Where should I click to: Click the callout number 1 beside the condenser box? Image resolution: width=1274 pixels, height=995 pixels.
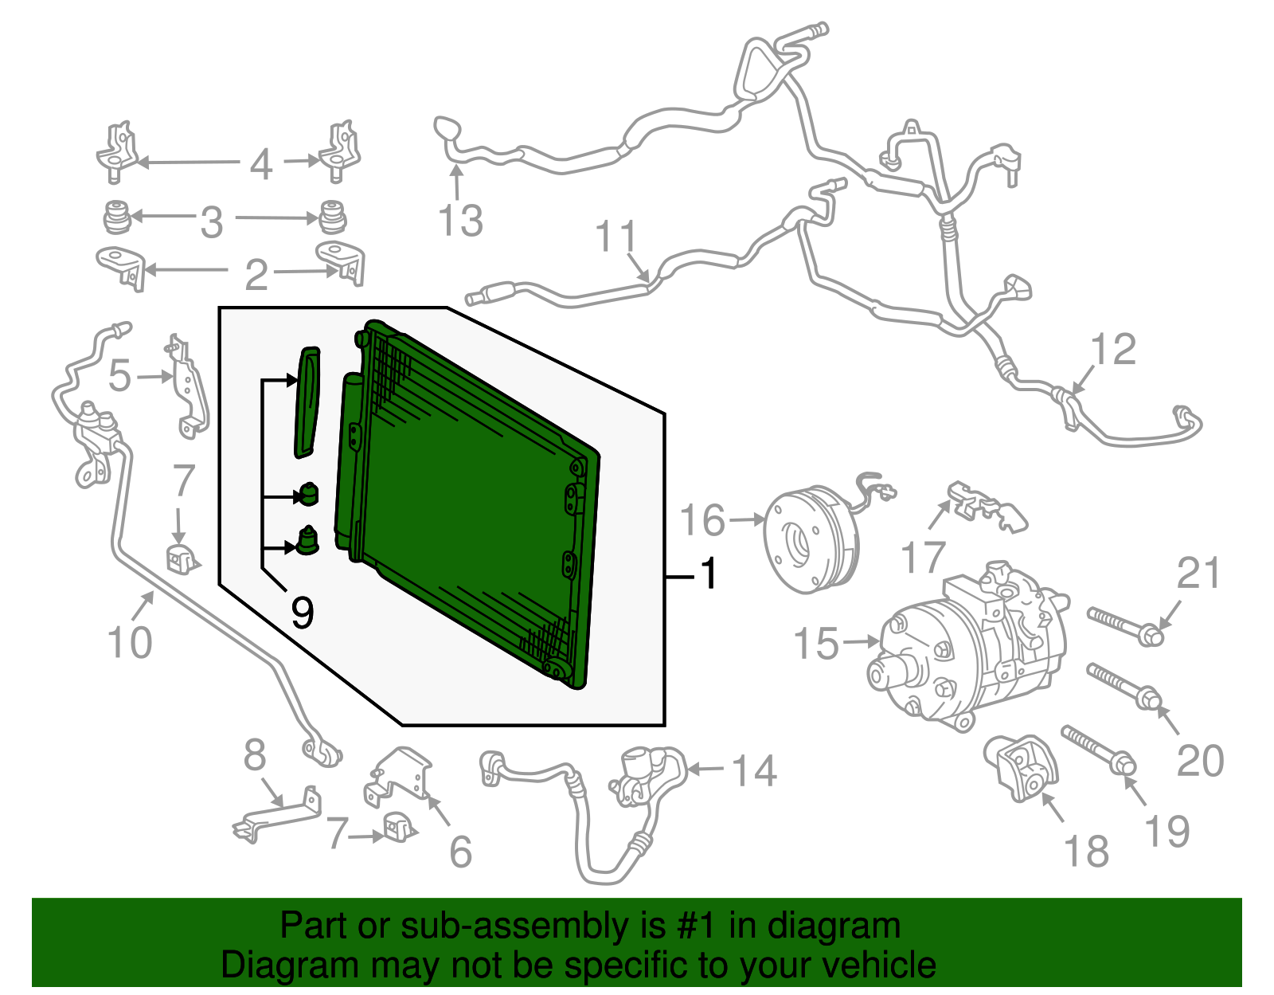pyautogui.click(x=708, y=574)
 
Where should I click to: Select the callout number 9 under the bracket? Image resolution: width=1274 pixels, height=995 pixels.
pyautogui.click(x=302, y=612)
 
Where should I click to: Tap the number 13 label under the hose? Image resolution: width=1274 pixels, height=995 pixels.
pyautogui.click(x=460, y=221)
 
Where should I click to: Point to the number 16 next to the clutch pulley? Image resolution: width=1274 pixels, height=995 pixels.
pyautogui.click(x=702, y=520)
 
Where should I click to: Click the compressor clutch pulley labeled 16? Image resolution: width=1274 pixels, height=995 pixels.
pyautogui.click(x=811, y=542)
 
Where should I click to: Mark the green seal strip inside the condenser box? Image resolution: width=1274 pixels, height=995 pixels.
pyautogui.click(x=307, y=402)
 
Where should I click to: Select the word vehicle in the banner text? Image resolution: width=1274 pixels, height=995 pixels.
pyautogui.click(x=879, y=966)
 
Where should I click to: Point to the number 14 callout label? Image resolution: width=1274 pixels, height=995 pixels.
pyautogui.click(x=753, y=770)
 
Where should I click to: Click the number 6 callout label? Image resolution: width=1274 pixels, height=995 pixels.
pyautogui.click(x=461, y=852)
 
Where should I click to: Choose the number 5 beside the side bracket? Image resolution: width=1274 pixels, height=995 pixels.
pyautogui.click(x=119, y=375)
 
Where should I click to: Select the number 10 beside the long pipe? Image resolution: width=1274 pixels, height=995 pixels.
pyautogui.click(x=129, y=642)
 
